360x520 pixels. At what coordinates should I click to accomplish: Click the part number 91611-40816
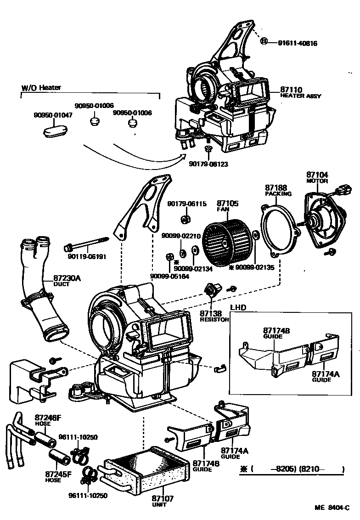298,43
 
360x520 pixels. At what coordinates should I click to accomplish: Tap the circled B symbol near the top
264,42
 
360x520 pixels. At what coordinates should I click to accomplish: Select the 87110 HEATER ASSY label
300,93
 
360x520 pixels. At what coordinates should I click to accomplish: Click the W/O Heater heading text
41,87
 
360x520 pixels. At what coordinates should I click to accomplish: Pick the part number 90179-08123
208,164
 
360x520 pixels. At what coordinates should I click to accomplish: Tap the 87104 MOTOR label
317,177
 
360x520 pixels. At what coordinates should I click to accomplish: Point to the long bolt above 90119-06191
87,243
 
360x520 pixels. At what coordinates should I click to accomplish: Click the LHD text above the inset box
238,308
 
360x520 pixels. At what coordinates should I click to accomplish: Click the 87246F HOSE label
48,420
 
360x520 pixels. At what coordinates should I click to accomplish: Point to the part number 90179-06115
187,203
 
